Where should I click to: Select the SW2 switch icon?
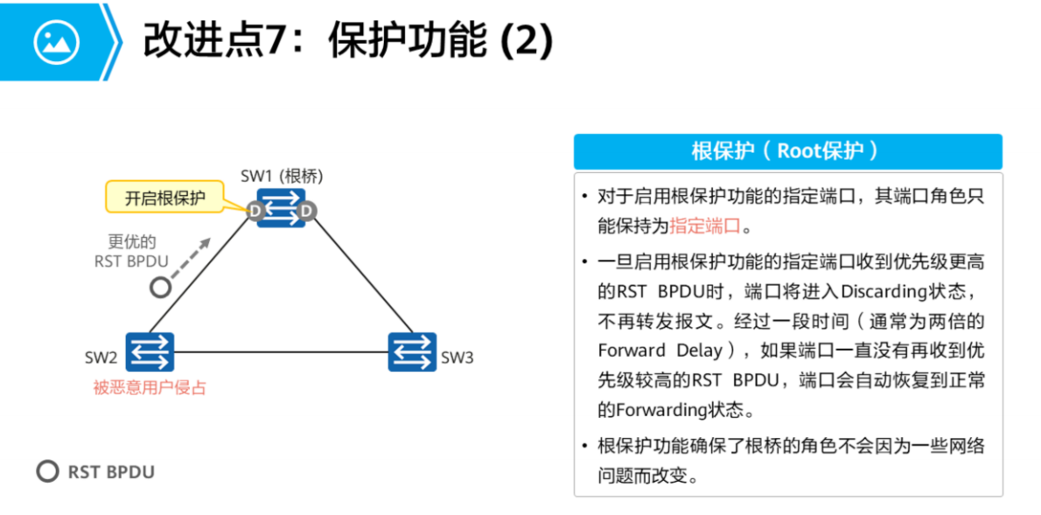coord(150,351)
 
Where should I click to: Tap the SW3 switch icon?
coord(412,351)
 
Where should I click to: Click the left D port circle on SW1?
coord(255,211)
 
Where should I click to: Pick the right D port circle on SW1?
coord(307,211)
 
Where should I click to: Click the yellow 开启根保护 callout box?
coord(165,198)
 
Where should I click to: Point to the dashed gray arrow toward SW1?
coord(192,255)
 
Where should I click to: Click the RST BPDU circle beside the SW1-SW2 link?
coord(159,287)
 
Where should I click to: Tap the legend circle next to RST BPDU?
coord(47,471)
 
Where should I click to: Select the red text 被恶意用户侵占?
coord(150,387)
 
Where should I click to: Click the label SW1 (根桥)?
coord(282,176)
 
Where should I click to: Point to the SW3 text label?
coord(457,358)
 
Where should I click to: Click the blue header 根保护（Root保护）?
coord(787,150)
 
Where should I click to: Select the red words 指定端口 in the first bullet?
coord(705,226)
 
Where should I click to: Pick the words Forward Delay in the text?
coord(660,350)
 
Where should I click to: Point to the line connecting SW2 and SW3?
coord(280,352)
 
